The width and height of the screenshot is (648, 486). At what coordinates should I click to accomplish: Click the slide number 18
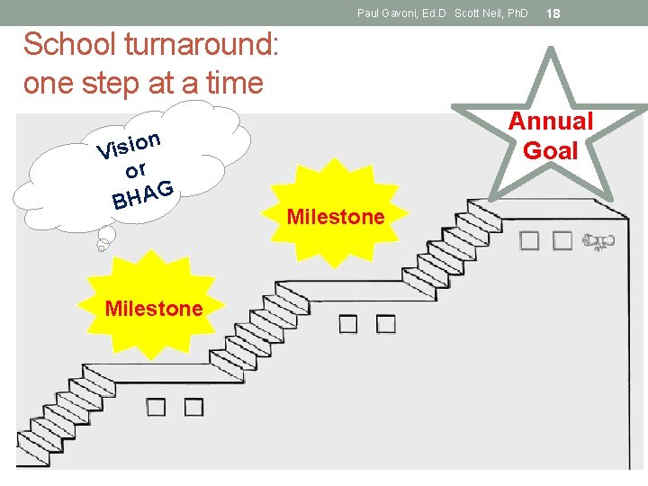pos(553,13)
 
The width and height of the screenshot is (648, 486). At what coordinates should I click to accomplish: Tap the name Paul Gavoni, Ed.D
pos(402,13)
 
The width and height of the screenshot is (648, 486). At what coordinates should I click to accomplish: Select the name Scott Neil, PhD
pos(491,13)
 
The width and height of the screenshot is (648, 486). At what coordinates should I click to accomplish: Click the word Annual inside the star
pos(551,121)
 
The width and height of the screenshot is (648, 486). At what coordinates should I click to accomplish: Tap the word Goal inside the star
pos(551,150)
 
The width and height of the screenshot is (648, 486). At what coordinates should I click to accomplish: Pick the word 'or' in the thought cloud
pos(136,169)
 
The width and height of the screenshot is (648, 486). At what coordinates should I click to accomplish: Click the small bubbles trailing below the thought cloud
pos(104,240)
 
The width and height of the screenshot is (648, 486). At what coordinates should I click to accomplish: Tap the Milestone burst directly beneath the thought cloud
pos(154,309)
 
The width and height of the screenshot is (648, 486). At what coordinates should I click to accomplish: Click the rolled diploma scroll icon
pos(596,240)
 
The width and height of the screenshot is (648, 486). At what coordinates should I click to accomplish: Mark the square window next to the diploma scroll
pos(562,240)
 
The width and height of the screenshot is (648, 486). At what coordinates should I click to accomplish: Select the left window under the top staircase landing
pos(530,240)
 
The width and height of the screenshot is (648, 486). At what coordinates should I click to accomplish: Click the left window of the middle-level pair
pos(348,324)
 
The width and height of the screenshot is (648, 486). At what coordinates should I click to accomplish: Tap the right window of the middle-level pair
pos(385,324)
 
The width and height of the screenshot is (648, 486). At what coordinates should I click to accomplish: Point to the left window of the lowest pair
pos(156,407)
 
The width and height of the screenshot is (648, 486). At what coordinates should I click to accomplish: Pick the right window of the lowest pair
pos(193,407)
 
